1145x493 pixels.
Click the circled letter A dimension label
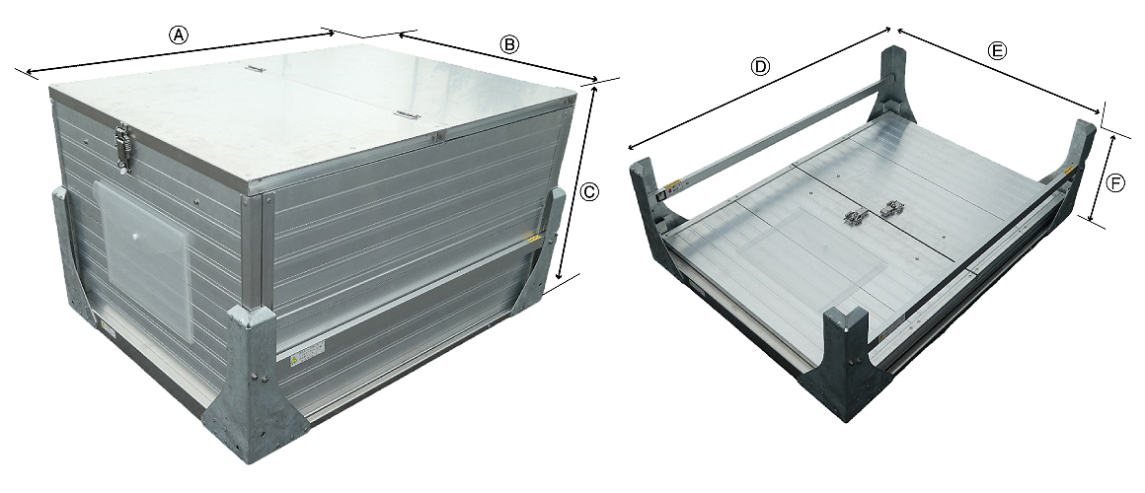point(179,35)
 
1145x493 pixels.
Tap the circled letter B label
point(509,44)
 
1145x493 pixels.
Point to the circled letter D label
point(760,66)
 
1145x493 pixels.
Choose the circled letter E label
point(996,50)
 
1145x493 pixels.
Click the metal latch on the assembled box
point(122,147)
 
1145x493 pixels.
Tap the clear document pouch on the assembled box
point(143,256)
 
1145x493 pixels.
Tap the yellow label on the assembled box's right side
point(535,239)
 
